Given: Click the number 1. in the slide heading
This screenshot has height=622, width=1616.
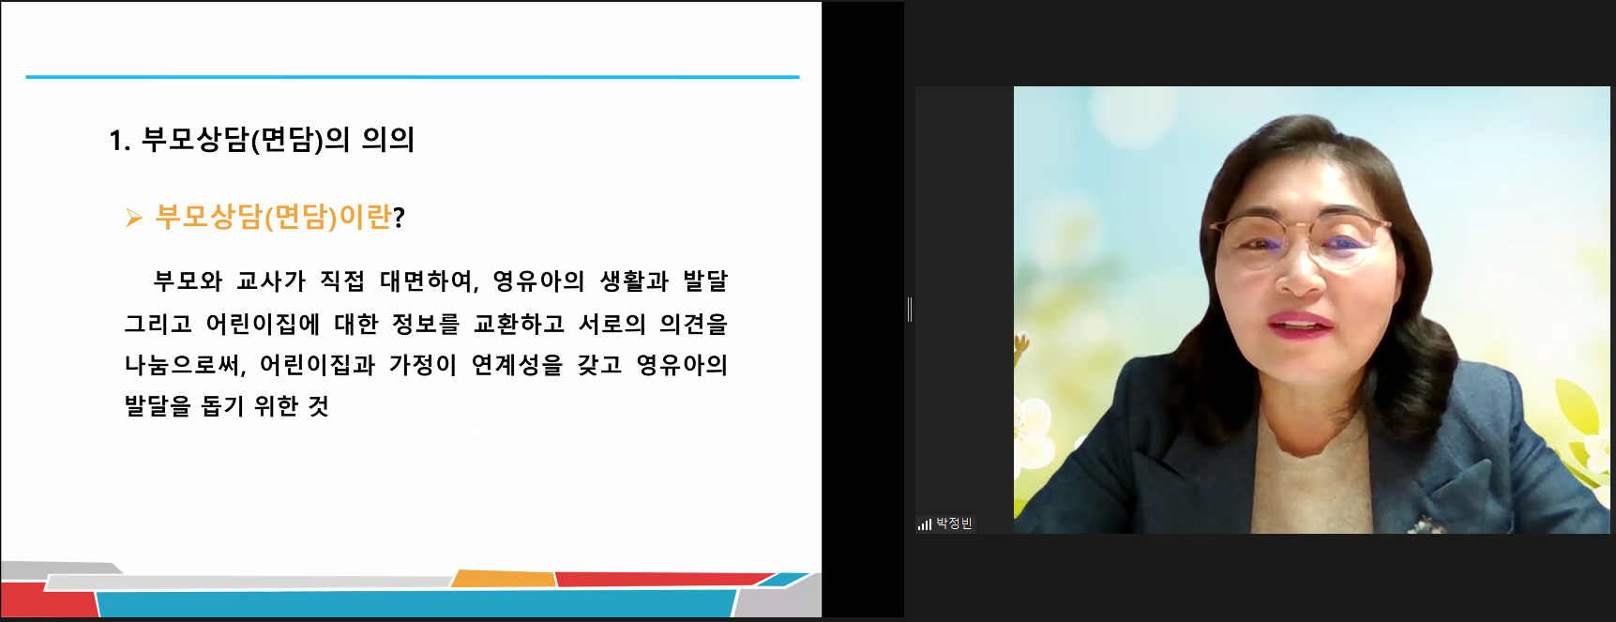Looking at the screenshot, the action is (x=119, y=141).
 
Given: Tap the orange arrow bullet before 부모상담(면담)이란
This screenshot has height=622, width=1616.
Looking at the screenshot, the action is (x=134, y=219).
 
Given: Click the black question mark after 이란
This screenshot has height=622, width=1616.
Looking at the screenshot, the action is (x=399, y=219).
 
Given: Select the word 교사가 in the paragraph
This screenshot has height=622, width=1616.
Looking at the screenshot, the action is (x=271, y=281).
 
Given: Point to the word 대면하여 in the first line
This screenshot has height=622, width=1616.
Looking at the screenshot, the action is (x=427, y=281).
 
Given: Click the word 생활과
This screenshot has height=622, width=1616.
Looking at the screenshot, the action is (x=634, y=281).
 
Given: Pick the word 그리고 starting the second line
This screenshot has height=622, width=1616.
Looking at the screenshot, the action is (x=159, y=324).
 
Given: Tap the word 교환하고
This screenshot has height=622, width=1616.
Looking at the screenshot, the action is (x=519, y=324).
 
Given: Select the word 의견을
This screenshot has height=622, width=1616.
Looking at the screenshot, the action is (x=694, y=324).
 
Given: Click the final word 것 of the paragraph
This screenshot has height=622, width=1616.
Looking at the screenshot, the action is (x=319, y=405).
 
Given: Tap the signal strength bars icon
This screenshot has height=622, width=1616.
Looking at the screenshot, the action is (x=925, y=524).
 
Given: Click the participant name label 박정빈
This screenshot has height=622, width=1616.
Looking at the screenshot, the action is (x=954, y=523).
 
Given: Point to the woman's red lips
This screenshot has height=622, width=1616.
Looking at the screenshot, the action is (x=1300, y=325).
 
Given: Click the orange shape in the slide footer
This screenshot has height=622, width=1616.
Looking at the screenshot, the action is (x=504, y=578).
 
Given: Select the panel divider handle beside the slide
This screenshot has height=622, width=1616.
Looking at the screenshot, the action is (x=910, y=310).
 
